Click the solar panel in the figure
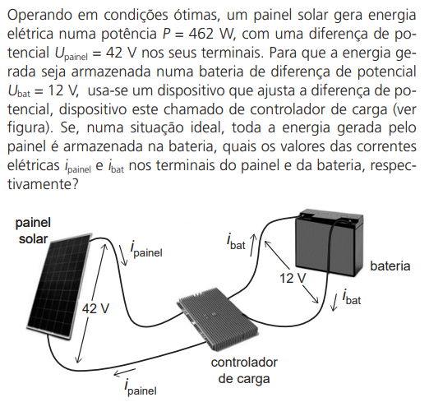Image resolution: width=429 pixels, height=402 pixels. [59, 286]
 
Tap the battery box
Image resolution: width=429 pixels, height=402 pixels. [329, 242]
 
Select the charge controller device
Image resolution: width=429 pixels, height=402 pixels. [218, 319]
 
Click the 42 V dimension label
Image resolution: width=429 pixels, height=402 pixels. [95, 308]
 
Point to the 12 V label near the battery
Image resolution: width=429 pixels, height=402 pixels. [293, 278]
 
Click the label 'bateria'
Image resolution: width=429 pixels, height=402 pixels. [390, 266]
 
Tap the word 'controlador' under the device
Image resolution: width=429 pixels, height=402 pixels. [244, 363]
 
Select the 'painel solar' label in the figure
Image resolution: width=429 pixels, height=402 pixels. [33, 230]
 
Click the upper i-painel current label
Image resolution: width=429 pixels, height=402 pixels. [146, 250]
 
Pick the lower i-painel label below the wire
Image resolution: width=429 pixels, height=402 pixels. [141, 387]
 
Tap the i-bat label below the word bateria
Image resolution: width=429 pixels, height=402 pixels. [352, 297]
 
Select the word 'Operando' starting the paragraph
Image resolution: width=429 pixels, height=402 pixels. [40, 16]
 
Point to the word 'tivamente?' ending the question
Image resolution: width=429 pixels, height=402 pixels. [43, 184]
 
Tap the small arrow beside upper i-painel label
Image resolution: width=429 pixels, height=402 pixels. [123, 256]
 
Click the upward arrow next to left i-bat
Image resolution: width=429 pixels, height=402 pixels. [252, 245]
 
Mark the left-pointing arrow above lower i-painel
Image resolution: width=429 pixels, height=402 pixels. [125, 372]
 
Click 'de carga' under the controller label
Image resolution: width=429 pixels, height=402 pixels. [244, 379]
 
